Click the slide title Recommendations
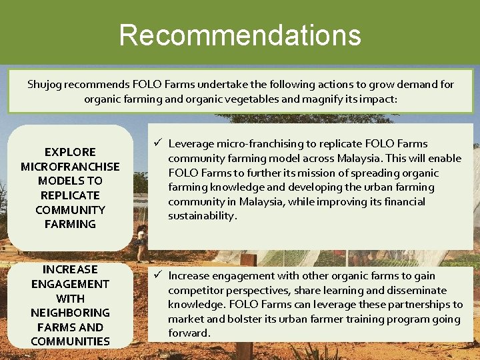tap(240, 35)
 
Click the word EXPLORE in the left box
tap(70, 152)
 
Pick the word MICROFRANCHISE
tap(70, 167)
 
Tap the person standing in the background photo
tap(141, 243)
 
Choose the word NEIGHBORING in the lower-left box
tap(70, 313)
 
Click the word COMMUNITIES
tap(70, 341)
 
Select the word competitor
tap(194, 290)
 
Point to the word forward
tap(189, 333)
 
